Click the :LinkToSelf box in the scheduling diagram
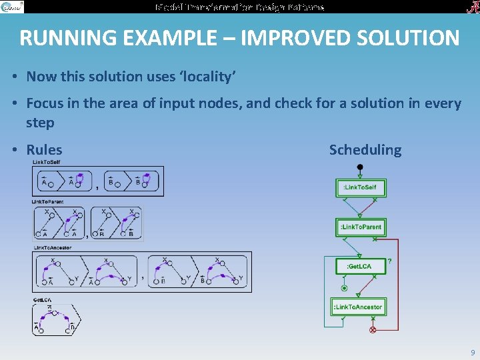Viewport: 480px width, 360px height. tap(360, 187)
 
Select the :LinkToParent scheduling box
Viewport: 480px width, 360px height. tap(360, 227)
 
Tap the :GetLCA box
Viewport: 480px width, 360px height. tap(360, 267)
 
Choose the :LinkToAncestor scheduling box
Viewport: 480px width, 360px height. tap(360, 307)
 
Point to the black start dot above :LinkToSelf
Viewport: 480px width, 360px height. tap(360, 167)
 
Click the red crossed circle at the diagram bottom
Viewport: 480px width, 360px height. tap(373, 330)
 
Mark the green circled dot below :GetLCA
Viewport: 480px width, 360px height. tap(345, 288)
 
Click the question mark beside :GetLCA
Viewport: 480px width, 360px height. tap(389, 261)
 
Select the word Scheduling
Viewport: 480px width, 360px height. tap(365, 150)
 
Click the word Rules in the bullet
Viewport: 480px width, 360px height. tap(44, 150)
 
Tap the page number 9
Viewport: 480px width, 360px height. tap(473, 352)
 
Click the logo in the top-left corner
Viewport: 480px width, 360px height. tap(12, 7)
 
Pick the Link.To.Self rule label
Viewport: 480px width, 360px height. tap(46, 162)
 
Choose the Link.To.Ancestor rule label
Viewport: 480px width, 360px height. tap(53, 248)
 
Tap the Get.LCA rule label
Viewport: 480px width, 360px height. tap(43, 301)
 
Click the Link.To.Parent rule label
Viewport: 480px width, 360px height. tap(48, 201)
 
